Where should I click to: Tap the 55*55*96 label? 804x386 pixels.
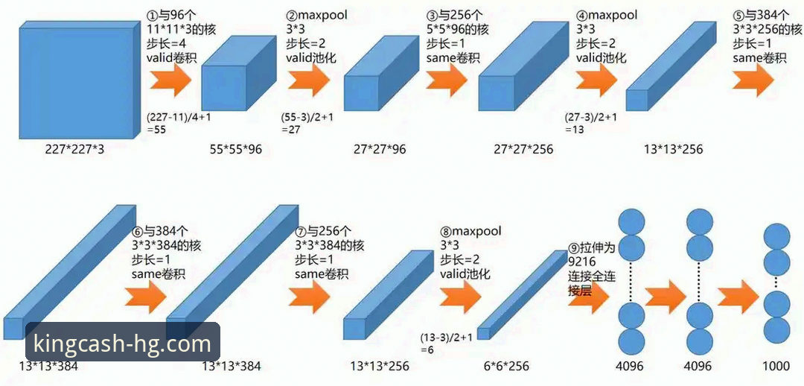(235, 149)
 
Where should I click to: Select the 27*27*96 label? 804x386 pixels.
(380, 149)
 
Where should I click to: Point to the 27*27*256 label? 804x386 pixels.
(523, 149)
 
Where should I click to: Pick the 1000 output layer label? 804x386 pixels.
(776, 366)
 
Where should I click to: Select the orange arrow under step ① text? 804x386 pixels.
(170, 80)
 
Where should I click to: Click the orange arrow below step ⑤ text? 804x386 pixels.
(753, 80)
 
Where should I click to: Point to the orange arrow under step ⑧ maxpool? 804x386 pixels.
(461, 297)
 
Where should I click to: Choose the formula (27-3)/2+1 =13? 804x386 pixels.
(590, 123)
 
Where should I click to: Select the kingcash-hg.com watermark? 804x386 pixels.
(122, 343)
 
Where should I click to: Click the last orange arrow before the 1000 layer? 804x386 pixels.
(738, 297)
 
